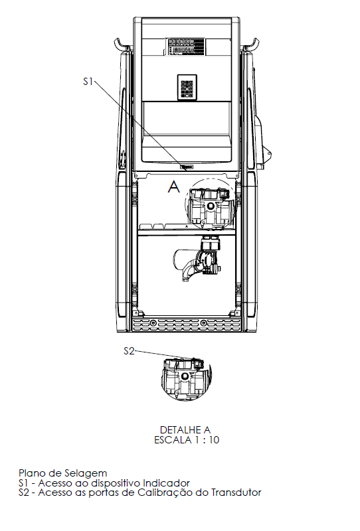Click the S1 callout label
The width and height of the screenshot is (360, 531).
(x=88, y=82)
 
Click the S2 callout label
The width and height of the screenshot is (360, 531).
(x=129, y=351)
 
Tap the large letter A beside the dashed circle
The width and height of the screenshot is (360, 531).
(x=174, y=187)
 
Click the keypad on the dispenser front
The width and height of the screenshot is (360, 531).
(x=187, y=88)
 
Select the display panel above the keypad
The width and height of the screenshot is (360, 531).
(x=185, y=46)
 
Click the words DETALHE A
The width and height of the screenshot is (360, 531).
(x=185, y=429)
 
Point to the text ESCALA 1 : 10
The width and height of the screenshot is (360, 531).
(x=187, y=440)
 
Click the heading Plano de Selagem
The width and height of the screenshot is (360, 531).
(x=62, y=473)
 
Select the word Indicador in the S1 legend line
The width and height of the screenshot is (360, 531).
(x=166, y=483)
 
